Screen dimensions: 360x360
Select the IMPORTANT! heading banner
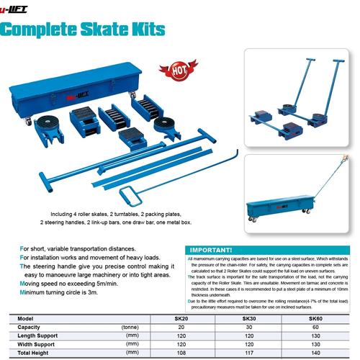(210, 250)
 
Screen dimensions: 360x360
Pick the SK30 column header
(248, 318)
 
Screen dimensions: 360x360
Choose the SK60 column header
(315, 318)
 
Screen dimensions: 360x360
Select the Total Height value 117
(248, 353)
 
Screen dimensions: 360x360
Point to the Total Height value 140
(315, 353)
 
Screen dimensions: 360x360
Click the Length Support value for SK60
(315, 335)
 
